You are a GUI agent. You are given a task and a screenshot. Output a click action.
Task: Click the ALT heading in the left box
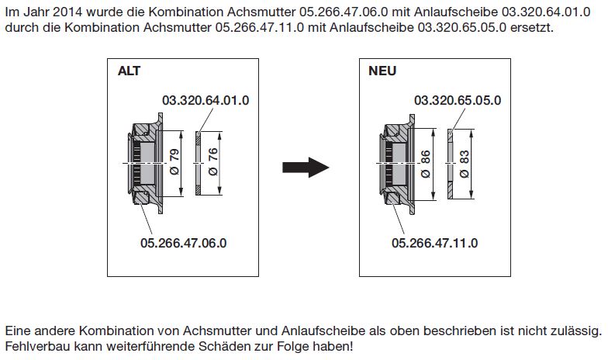pos(129,71)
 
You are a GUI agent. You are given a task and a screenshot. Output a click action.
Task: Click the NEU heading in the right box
pos(382,71)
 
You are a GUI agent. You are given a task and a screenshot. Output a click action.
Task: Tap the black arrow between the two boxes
pos(306,168)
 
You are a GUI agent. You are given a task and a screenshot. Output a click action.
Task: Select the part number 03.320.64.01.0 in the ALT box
pos(206,100)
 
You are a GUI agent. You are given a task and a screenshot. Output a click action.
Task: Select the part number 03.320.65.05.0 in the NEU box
pos(458,100)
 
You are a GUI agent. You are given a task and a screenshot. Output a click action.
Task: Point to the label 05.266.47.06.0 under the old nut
pos(183,243)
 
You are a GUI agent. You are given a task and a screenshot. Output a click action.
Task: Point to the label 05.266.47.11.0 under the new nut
pos(434,243)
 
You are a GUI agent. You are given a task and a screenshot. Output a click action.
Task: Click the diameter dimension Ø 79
pos(174,161)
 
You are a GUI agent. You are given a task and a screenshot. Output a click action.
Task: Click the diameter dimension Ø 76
pos(212,161)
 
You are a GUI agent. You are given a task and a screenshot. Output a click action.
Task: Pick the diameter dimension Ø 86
pos(425,164)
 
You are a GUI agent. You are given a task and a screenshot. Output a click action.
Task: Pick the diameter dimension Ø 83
pos(464,164)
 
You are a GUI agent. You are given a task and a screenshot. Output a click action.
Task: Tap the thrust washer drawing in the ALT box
pos(198,163)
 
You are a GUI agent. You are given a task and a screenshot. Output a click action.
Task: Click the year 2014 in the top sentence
pos(67,12)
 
